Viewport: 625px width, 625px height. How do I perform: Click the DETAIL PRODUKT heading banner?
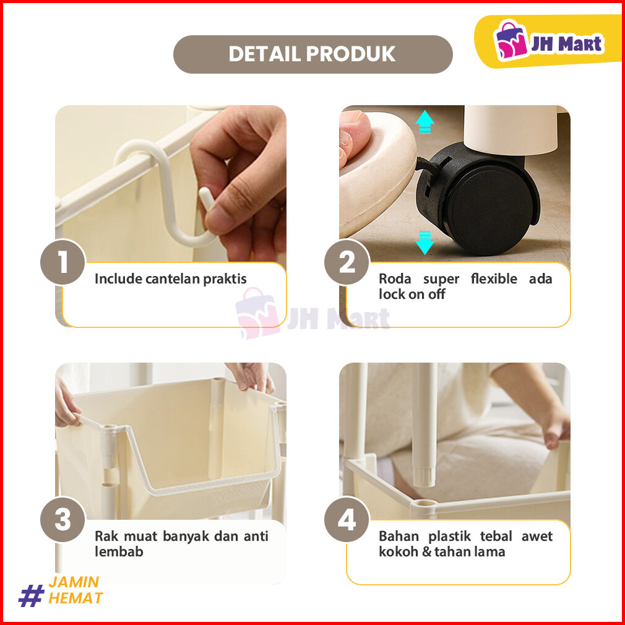(x=313, y=54)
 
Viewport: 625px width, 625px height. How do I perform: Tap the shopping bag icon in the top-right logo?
(x=510, y=40)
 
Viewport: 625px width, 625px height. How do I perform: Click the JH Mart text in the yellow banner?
(x=567, y=43)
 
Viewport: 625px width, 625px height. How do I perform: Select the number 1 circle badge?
(x=62, y=262)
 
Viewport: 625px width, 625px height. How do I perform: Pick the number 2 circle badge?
(x=347, y=262)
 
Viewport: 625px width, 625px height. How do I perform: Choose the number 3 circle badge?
(x=62, y=519)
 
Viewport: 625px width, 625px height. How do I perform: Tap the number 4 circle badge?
(x=347, y=519)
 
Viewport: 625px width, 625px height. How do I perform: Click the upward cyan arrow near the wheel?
(x=425, y=121)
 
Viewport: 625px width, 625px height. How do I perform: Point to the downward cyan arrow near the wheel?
(x=425, y=243)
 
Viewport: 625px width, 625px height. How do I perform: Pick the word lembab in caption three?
(x=119, y=551)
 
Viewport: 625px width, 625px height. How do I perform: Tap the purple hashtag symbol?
(x=31, y=595)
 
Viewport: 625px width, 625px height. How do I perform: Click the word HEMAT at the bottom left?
(x=75, y=598)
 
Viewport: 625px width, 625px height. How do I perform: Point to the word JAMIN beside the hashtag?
(x=74, y=582)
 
